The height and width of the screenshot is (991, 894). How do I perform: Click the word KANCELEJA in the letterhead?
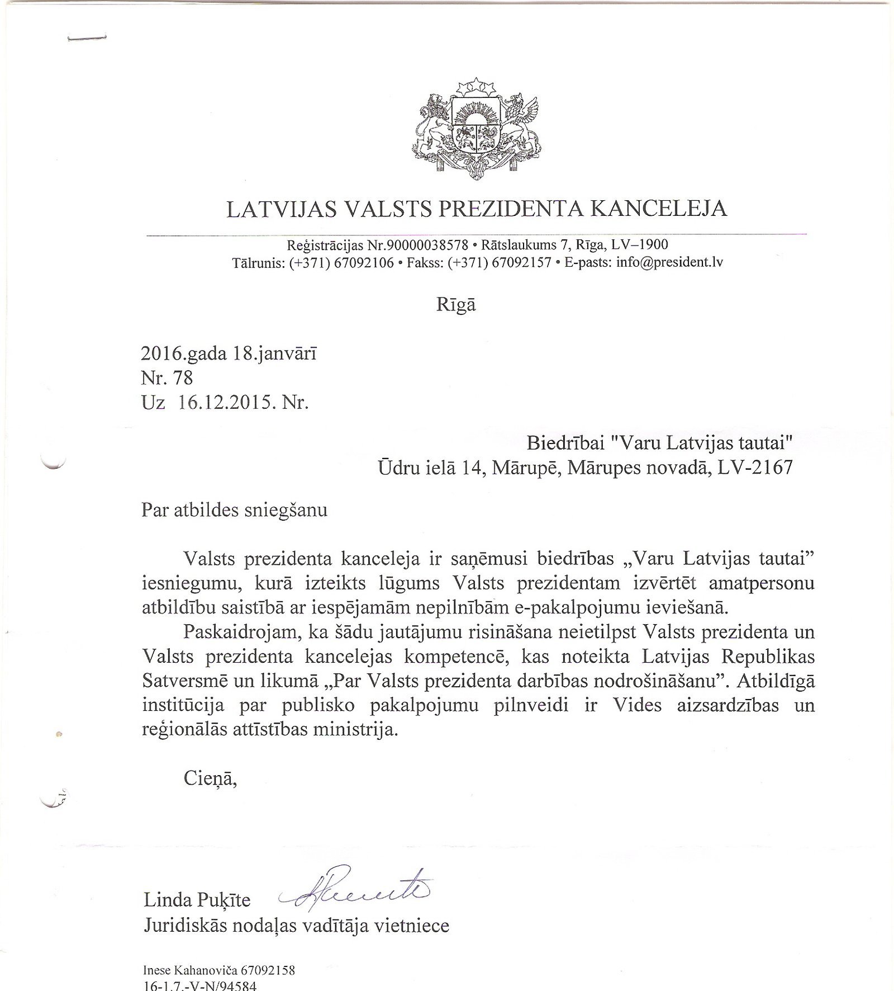[659, 209]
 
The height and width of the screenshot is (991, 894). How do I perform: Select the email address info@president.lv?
[669, 262]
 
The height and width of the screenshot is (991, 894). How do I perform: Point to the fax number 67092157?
[521, 262]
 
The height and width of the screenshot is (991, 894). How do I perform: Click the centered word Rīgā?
[456, 305]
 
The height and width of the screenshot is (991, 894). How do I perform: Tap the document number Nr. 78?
[167, 379]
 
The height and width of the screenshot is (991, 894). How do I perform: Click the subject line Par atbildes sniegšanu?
[234, 511]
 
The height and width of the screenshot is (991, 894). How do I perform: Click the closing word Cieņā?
[211, 779]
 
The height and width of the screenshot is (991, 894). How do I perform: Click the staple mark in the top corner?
[86, 38]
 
